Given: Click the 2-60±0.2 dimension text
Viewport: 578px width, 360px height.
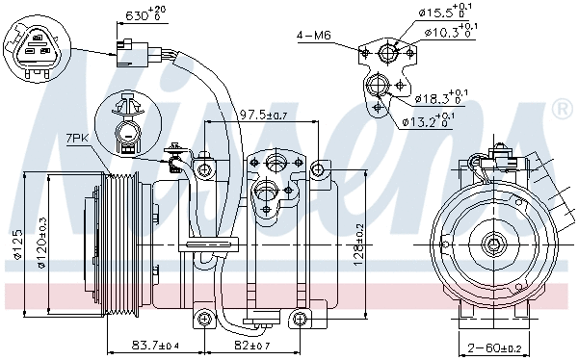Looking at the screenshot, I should pyautogui.click(x=490, y=347).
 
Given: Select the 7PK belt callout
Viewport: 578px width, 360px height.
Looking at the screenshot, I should pyautogui.click(x=79, y=139).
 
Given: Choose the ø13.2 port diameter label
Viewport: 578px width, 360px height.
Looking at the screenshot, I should pyautogui.click(x=429, y=120).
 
